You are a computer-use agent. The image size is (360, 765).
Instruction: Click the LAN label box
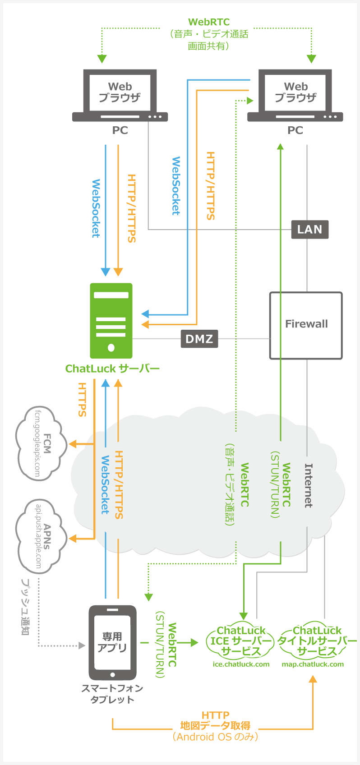pos(309,230)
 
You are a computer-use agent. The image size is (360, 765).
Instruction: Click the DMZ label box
pos(199,339)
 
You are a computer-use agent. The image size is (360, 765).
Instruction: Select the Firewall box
pos(306,325)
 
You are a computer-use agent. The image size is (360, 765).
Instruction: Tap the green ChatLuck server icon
pos(111,320)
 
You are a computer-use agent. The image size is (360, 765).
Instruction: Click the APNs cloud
pos(40,536)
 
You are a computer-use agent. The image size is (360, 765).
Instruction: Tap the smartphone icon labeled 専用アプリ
pos(112,642)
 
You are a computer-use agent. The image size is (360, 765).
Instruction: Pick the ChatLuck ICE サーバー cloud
pos(241,641)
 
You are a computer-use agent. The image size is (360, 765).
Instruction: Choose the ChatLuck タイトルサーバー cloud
pos(317,641)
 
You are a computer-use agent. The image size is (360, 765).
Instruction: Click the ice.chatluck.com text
pos(241,664)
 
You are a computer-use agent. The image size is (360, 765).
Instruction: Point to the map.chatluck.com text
pos(313,664)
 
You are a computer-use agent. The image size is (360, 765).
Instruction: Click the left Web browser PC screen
pos(120,92)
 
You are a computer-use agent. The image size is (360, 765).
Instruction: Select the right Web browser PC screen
pos(295,92)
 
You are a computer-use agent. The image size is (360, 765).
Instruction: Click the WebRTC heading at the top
pos(209,22)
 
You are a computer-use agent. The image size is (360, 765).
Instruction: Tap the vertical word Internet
pos(309,485)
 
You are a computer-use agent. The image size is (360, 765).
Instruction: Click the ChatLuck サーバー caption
pos(112,369)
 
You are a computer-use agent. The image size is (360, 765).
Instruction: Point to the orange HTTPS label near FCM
pos(82,399)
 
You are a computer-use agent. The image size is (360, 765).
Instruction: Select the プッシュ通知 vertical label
pos(25,607)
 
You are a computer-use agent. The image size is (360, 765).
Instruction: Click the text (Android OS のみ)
pos(215,737)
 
